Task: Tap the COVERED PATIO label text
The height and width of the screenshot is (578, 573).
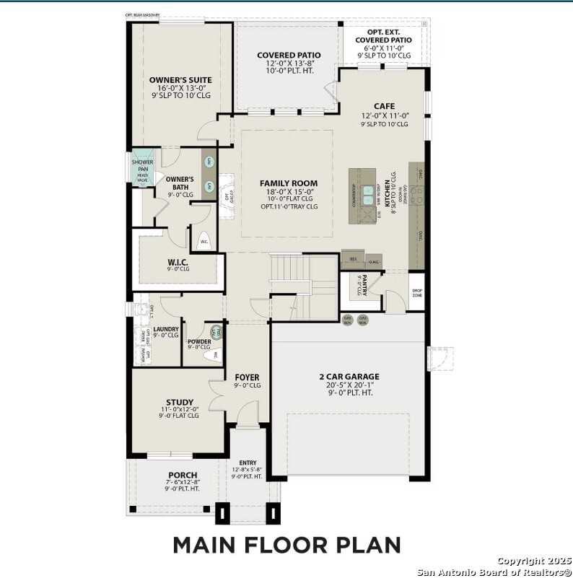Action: click(289, 55)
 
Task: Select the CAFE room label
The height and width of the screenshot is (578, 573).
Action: click(384, 106)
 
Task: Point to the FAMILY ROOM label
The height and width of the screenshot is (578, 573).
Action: click(289, 183)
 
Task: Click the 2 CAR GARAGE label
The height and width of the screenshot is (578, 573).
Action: click(349, 376)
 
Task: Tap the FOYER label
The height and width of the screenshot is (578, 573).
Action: click(247, 377)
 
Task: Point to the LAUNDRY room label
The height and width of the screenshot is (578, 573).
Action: click(165, 328)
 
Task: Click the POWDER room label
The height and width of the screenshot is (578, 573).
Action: click(199, 341)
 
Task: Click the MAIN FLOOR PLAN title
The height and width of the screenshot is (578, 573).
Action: click(286, 543)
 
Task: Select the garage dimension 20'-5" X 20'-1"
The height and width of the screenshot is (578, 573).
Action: click(349, 385)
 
